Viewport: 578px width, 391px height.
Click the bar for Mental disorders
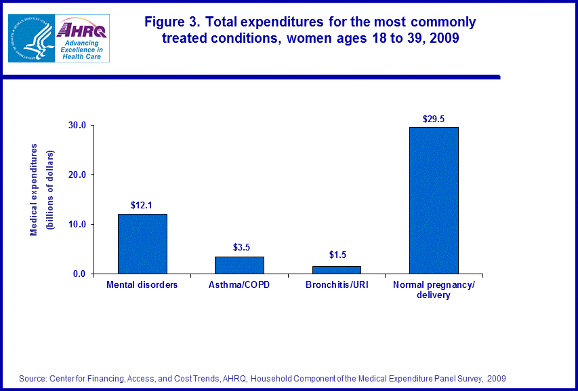(x=142, y=244)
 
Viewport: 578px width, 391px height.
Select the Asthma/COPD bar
(x=239, y=265)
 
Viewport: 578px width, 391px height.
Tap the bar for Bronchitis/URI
(x=336, y=269)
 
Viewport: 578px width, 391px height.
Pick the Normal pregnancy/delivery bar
(x=434, y=200)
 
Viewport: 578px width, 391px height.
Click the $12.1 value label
(x=142, y=204)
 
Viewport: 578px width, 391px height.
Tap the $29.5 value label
(x=434, y=118)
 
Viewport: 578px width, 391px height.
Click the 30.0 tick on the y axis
(x=77, y=126)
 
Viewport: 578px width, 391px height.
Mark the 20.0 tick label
(x=77, y=174)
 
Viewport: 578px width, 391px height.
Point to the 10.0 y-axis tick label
(x=77, y=225)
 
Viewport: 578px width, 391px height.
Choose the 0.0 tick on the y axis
(x=79, y=274)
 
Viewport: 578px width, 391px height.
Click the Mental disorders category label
(x=142, y=285)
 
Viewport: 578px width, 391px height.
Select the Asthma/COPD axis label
(x=239, y=285)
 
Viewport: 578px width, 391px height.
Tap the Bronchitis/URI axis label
(x=337, y=285)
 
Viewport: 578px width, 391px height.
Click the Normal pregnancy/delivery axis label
(x=434, y=290)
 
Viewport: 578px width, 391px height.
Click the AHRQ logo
(x=81, y=37)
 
